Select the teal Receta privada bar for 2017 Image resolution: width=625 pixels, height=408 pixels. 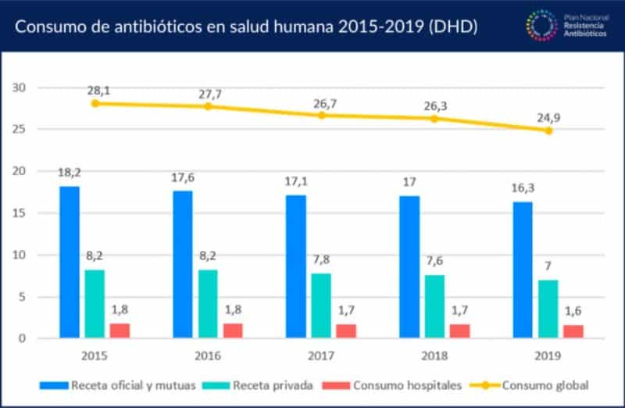321,306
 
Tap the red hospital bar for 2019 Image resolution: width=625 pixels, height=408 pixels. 573,331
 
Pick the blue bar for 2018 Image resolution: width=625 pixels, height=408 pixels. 409,267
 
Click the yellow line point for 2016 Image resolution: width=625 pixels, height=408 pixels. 208,106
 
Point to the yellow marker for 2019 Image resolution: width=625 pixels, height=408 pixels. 548,131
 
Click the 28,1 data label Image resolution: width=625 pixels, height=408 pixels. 98,91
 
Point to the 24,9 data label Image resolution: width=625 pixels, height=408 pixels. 550,117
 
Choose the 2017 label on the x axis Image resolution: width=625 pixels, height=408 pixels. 320,356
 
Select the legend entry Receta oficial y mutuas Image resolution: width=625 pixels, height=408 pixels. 125,385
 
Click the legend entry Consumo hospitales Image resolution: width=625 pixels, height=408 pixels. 398,385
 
